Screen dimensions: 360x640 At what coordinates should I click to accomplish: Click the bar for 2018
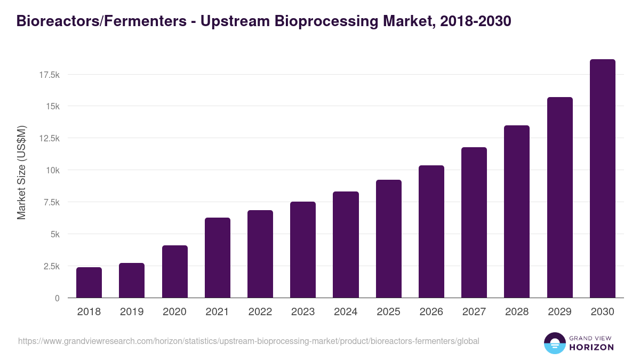[x=89, y=283]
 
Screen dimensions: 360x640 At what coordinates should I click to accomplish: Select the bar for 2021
[x=218, y=258]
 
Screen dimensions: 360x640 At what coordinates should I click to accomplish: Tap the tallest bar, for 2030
[x=602, y=179]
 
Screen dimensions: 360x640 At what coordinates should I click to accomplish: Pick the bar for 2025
[x=388, y=239]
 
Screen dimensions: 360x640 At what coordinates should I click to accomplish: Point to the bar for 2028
[x=517, y=212]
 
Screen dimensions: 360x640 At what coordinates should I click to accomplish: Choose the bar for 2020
[x=174, y=271]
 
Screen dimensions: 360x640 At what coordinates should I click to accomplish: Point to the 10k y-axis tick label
[x=52, y=170]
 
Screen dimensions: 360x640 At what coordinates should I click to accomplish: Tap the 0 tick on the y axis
[x=57, y=298]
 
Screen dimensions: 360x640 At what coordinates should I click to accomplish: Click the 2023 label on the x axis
[x=303, y=312]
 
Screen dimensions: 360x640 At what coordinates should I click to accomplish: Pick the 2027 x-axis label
[x=474, y=312]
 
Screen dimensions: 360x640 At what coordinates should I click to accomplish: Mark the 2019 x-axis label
[x=132, y=312]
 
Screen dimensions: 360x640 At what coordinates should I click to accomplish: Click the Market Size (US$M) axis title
[x=21, y=172]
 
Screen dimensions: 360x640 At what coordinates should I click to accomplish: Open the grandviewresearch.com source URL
[x=249, y=341]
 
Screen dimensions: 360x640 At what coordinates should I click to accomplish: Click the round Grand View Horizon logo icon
[x=555, y=343]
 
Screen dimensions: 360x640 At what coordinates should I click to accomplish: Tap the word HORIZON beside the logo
[x=592, y=347]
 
